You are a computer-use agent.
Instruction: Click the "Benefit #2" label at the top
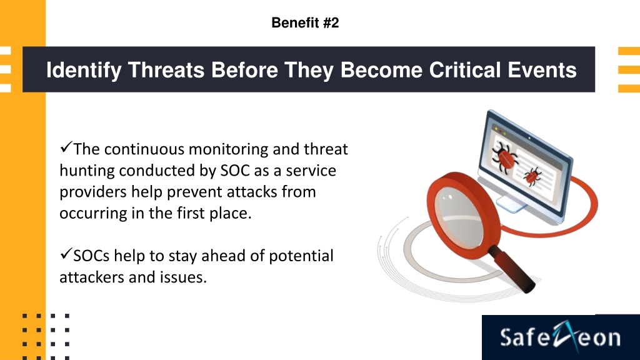coord(305,23)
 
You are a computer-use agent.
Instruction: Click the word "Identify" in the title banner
coord(84,70)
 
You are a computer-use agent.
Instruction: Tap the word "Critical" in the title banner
coord(464,70)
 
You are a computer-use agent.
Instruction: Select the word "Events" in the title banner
coord(542,70)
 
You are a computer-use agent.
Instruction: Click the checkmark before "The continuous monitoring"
coord(66,147)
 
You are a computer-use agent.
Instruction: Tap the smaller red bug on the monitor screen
coord(532,176)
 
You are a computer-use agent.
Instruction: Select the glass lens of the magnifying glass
coord(458,217)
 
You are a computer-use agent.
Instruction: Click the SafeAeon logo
coord(561,337)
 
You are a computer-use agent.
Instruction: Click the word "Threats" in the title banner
coord(166,70)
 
